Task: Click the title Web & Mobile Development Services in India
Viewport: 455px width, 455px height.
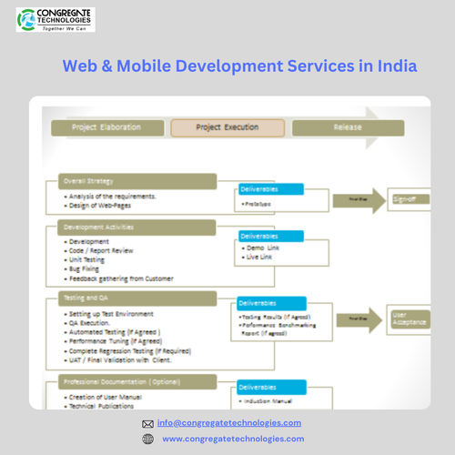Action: (239, 66)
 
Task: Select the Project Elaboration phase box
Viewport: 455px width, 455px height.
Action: (106, 127)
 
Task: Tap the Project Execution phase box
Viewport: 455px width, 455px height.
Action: (227, 127)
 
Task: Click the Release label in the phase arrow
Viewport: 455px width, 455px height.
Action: (348, 127)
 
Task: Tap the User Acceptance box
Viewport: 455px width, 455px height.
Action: (406, 318)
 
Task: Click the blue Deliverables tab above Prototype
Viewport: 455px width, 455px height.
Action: (270, 189)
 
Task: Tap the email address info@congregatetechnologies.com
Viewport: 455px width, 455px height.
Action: (228, 423)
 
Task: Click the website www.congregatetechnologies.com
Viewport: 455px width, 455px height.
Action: (233, 439)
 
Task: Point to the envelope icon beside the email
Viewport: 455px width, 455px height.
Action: (148, 424)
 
